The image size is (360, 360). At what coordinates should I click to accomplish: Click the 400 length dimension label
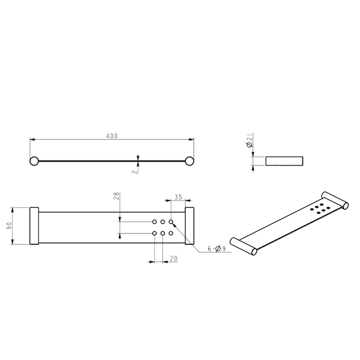112,136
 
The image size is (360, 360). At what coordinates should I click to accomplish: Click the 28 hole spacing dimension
116,196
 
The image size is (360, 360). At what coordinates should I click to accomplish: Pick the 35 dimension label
178,196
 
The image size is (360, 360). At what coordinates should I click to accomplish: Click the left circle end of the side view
34,160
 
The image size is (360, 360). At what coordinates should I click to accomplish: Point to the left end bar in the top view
34,227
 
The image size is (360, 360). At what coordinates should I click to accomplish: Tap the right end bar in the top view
190,227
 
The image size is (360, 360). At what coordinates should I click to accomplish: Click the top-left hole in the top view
155,222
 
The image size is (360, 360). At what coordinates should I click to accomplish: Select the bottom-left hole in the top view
155,233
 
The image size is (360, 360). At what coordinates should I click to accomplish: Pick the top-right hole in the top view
171,222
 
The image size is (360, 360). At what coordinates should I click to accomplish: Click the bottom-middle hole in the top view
163,233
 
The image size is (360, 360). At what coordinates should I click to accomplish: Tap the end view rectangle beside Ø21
283,161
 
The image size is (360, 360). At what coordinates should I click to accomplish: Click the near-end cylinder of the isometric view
243,245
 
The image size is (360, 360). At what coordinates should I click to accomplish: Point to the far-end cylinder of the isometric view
335,201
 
